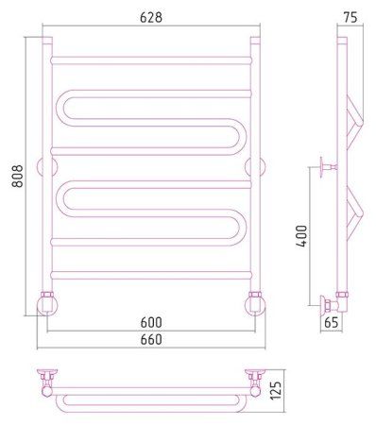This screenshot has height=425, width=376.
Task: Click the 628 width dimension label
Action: coord(151,17)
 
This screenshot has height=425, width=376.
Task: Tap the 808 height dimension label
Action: coord(18,177)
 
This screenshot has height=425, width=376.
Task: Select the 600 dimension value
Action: coord(151,322)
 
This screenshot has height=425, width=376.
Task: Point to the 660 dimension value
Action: coord(151,339)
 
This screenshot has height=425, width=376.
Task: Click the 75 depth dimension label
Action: coord(350,18)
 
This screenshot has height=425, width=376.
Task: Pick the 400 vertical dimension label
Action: coord(301,236)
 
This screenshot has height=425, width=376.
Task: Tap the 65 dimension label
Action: coord(331,322)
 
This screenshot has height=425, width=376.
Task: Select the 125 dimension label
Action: coord(275,390)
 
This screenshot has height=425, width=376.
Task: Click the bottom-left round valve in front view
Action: coord(47,305)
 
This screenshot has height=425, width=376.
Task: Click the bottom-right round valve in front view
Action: coord(255,305)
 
